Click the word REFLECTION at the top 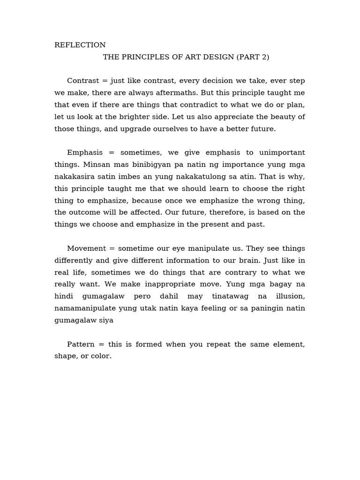point(80,45)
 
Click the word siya point(105,321)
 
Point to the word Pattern point(81,345)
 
